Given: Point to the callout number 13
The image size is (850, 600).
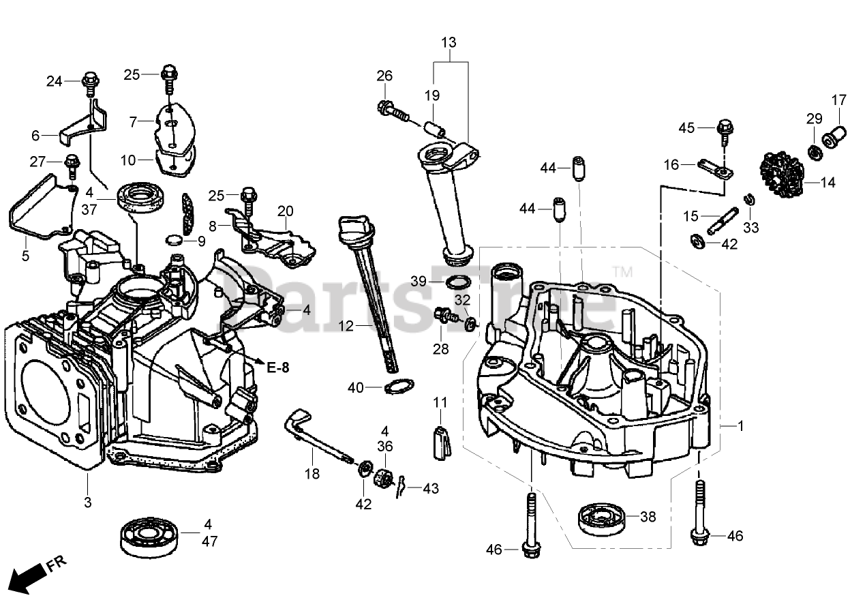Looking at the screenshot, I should point(449,43).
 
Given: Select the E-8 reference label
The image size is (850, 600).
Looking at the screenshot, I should point(277,368).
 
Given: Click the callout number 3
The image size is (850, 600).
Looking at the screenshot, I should point(87,502).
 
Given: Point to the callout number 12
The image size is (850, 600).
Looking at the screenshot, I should point(346,327).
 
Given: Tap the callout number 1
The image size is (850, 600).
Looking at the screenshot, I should point(740,427).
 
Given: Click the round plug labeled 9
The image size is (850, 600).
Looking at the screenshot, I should point(174,239).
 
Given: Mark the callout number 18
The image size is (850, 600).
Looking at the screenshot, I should point(312,473).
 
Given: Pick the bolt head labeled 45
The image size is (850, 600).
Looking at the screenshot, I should point(723,126).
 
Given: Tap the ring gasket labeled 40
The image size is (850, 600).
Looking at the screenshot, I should point(395,387).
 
